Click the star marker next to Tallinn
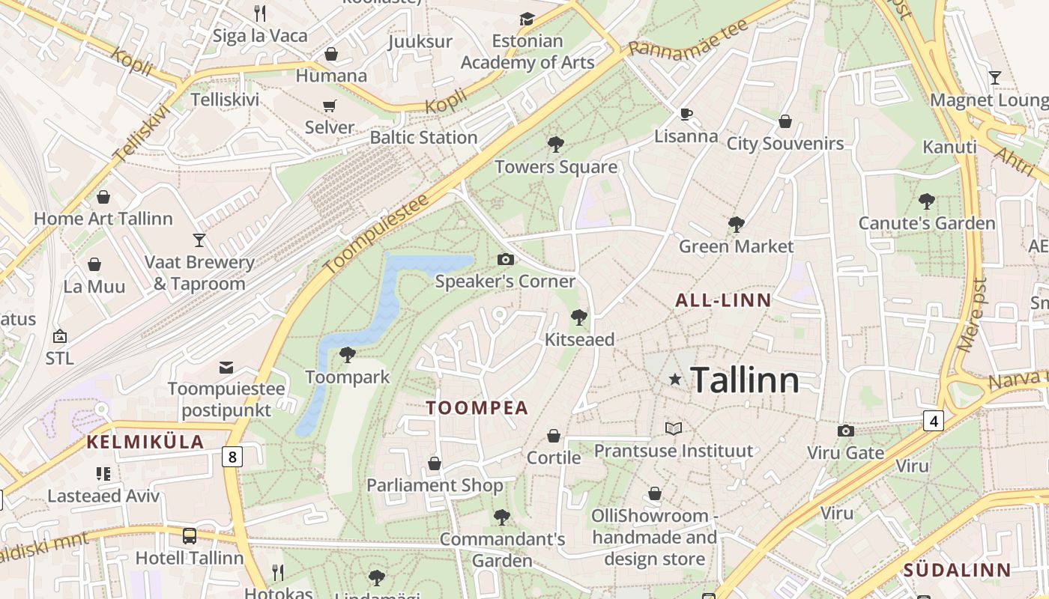(675, 380)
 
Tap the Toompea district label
(477, 408)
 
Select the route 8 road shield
(232, 456)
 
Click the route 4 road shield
(932, 421)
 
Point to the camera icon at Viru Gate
(845, 431)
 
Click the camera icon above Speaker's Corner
(506, 259)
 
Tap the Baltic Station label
(423, 138)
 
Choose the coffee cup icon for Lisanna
(686, 114)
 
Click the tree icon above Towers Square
(555, 145)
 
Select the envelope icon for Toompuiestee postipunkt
(226, 367)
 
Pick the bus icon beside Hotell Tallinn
(190, 536)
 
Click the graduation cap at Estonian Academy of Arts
(527, 19)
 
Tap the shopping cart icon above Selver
(329, 106)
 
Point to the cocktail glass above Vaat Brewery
(199, 240)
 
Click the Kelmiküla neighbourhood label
(145, 442)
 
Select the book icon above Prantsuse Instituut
(674, 428)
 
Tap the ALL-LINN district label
(723, 301)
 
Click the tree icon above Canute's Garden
(926, 201)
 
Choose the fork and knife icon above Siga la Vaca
(260, 13)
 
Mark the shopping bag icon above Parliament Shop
(435, 464)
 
